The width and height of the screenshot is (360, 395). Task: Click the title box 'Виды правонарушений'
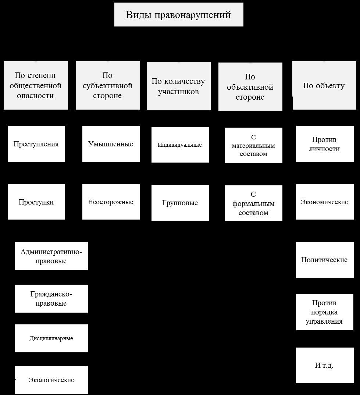coord(179,15)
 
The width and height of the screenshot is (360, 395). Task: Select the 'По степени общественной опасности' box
coord(36,85)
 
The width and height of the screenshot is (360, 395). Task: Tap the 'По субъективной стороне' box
coord(108,85)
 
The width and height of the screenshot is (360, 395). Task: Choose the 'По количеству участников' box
coord(179,86)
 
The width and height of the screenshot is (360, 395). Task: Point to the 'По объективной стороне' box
coord(250,87)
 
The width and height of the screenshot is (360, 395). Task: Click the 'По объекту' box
coord(324,85)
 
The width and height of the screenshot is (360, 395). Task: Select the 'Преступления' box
coord(36,144)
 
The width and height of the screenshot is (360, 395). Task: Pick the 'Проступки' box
coord(36,202)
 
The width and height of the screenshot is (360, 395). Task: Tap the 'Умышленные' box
coord(111,144)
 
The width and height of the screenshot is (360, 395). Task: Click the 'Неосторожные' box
coord(111,202)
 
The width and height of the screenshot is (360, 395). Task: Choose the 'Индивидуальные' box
coord(180,145)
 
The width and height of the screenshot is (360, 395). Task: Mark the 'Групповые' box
coord(180,203)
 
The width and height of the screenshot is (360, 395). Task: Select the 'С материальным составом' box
coord(254,145)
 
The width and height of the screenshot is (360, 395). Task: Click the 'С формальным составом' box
coord(254,203)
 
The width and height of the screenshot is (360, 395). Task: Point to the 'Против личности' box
coord(325,144)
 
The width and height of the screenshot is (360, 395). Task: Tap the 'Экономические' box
coord(325,202)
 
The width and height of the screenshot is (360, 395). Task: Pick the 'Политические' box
coord(325,260)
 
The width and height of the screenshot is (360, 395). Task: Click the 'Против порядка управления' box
coord(325,312)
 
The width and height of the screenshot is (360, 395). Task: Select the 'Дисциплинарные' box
coord(51,338)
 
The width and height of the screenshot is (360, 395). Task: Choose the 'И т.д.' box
coord(325,365)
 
